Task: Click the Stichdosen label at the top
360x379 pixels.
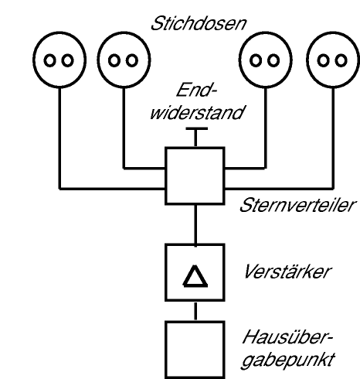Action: pos(199,24)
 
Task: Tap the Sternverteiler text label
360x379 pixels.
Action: pos(297,206)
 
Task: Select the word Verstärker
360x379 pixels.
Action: pos(287,271)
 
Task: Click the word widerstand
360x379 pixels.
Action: pos(197,112)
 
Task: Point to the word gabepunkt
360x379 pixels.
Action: pos(288,360)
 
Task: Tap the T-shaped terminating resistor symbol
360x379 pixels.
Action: pos(196,128)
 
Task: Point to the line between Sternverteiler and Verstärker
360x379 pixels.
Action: pos(195,225)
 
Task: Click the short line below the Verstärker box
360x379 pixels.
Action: pos(195,311)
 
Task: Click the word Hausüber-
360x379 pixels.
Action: pos(288,337)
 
